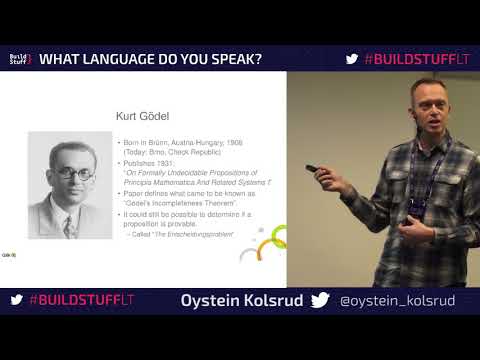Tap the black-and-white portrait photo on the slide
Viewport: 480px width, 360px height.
coord(68,187)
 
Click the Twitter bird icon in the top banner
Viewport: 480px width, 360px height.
coord(351,59)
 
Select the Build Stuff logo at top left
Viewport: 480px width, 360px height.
coord(20,59)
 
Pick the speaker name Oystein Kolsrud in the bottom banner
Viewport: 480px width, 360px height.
coord(241,300)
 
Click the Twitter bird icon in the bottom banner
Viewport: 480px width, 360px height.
coord(320,300)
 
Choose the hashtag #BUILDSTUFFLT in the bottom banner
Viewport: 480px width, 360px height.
coord(81,300)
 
